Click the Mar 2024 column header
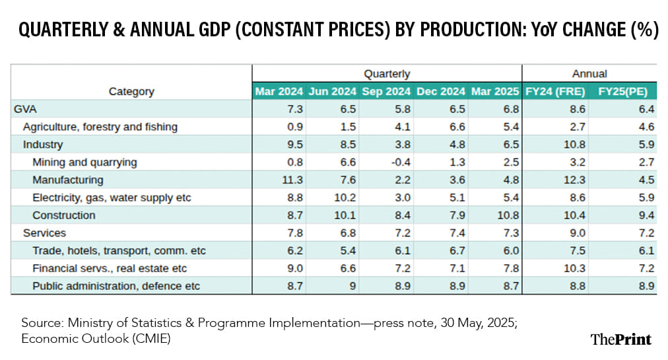click(x=279, y=91)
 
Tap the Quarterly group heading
click(x=387, y=73)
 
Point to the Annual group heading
click(x=589, y=73)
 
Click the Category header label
click(x=131, y=91)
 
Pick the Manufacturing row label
click(x=68, y=180)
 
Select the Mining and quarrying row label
click(x=84, y=162)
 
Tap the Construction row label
click(x=64, y=215)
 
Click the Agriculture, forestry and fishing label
click(x=100, y=126)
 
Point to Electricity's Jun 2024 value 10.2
click(x=345, y=198)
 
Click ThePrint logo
click(x=620, y=339)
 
